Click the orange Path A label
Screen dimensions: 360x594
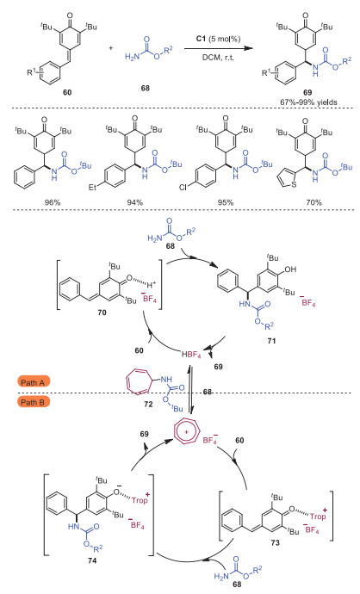point(33,382)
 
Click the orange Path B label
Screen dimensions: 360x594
point(33,401)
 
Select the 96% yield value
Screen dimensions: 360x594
point(53,202)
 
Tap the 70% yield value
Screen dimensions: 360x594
point(313,202)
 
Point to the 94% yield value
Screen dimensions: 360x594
point(135,202)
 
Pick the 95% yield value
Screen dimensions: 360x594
point(226,202)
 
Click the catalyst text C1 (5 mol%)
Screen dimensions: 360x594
point(218,39)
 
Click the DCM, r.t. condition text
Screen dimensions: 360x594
point(218,57)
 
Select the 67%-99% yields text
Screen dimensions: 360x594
point(308,102)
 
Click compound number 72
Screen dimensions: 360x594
point(148,404)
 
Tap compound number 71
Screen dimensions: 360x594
point(271,341)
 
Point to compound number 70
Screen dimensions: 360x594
point(102,312)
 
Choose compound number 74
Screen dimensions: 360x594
point(92,560)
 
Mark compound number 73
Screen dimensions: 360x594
point(275,542)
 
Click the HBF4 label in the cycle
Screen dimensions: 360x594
point(191,355)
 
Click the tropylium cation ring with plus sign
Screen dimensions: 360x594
point(185,432)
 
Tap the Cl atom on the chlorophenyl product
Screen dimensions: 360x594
point(183,187)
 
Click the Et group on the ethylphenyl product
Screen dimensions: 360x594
point(93,187)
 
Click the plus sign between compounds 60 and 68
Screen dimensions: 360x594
point(110,48)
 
